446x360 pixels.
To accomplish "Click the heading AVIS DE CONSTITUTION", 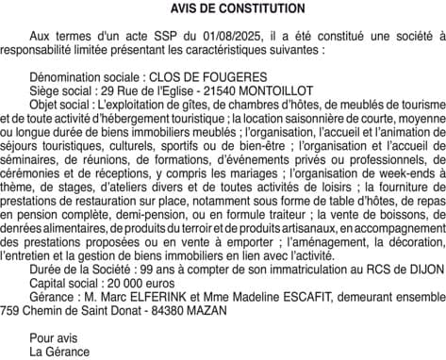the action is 223,8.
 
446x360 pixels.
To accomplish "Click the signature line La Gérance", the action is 59,352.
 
